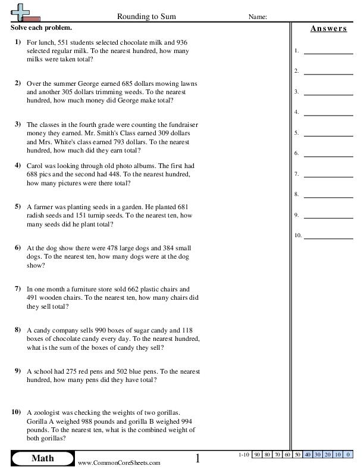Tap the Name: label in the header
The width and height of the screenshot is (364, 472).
[257, 17]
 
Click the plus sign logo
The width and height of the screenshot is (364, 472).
[20, 12]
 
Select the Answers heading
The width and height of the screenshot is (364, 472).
[328, 29]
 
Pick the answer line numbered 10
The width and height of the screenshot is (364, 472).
[328, 235]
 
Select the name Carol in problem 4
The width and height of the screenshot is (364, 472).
[37, 166]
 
